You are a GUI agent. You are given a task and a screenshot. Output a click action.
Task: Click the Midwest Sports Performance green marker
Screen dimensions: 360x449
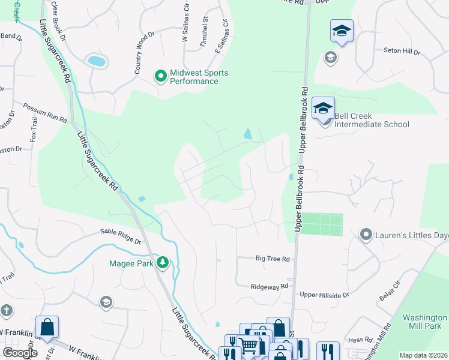click(x=160, y=76)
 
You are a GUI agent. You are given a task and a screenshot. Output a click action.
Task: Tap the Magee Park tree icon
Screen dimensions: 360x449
click(x=162, y=263)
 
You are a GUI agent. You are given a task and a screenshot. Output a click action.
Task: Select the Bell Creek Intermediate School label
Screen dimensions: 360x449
click(x=371, y=120)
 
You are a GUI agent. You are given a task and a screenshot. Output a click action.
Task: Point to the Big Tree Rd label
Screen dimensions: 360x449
click(x=273, y=259)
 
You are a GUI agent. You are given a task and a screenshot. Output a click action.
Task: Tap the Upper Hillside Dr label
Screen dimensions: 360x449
click(x=324, y=295)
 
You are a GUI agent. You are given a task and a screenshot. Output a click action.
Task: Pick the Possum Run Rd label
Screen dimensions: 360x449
click(x=44, y=112)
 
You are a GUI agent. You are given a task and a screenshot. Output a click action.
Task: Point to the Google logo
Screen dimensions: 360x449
click(x=20, y=353)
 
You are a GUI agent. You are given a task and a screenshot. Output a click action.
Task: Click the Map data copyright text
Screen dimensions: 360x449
click(x=423, y=355)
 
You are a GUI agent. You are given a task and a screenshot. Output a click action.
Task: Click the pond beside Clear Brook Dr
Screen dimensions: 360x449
click(x=96, y=61)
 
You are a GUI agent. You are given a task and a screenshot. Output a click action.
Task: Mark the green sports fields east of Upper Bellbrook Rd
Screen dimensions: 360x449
click(x=321, y=224)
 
